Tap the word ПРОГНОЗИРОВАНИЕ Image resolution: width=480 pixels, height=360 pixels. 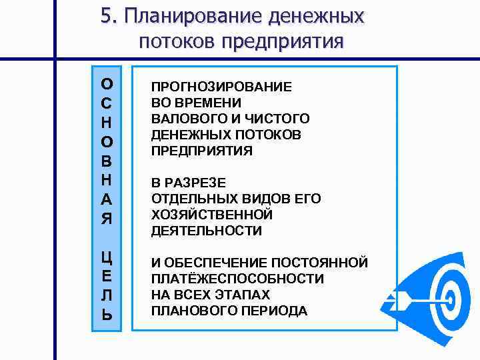point(221,87)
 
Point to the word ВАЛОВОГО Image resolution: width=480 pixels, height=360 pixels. point(183,119)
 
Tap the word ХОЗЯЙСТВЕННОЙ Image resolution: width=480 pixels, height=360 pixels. point(212,215)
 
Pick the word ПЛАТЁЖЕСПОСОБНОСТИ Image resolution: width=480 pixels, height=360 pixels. point(237,279)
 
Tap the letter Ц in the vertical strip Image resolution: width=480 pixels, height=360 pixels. point(107,257)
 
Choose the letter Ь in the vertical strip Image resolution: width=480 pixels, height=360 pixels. point(107,315)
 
